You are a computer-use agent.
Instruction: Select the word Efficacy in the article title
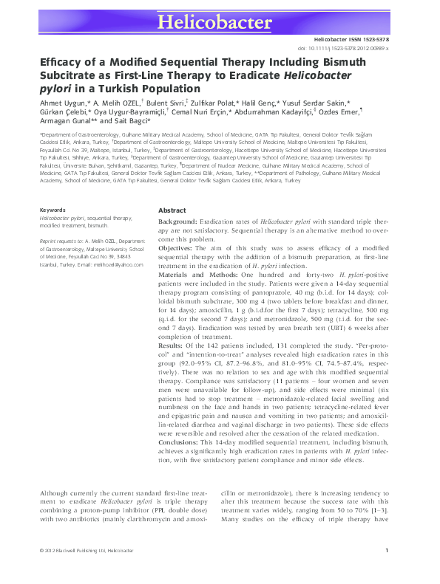pyautogui.click(x=63, y=64)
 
